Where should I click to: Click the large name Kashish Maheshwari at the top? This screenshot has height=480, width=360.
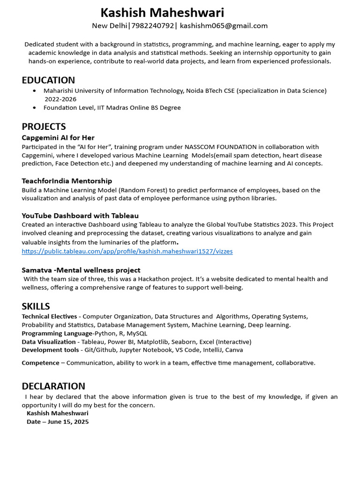tap(162, 13)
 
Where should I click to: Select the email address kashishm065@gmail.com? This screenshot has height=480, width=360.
tap(224, 26)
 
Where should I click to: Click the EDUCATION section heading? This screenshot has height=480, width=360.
tap(48, 80)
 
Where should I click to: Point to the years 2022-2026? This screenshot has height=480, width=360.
tap(60, 99)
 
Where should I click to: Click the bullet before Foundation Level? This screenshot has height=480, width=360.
tap(35, 108)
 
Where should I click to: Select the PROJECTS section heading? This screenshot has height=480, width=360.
tap(44, 127)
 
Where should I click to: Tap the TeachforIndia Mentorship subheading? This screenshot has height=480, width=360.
tap(67, 181)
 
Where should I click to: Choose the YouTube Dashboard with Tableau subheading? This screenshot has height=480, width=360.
tap(80, 216)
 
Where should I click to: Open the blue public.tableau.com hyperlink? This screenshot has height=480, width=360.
tap(127, 251)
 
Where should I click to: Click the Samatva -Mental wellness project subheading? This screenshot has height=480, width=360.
tap(81, 270)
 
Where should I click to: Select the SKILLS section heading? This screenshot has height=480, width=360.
tap(36, 306)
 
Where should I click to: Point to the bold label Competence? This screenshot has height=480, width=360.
tap(40, 363)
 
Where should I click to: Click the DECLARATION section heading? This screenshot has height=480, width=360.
tap(53, 386)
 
